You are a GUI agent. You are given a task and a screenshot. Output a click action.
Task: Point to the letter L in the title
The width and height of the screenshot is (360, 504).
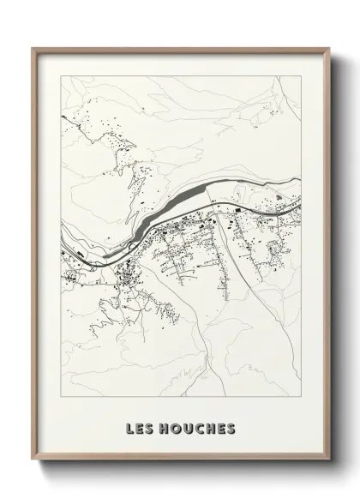point(129,426)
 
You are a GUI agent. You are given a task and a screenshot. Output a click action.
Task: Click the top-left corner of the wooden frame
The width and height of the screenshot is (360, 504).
point(33,48)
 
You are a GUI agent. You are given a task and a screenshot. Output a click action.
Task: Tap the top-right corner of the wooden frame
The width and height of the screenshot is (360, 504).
point(327,48)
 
